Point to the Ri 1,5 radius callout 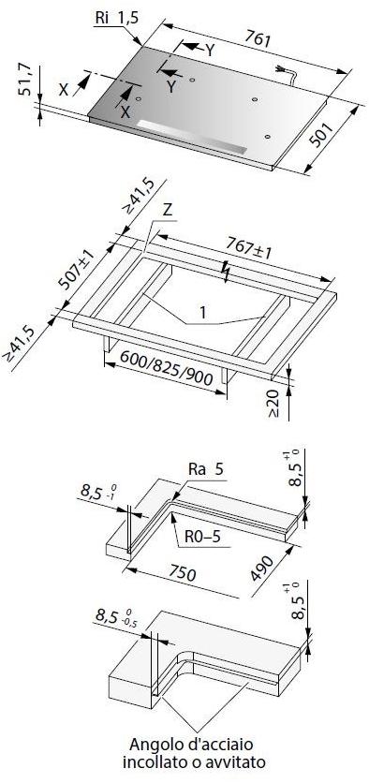(x=116, y=18)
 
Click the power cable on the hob (x=288, y=73)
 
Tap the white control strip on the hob (x=192, y=137)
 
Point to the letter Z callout (x=168, y=210)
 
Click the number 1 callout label (x=202, y=313)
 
